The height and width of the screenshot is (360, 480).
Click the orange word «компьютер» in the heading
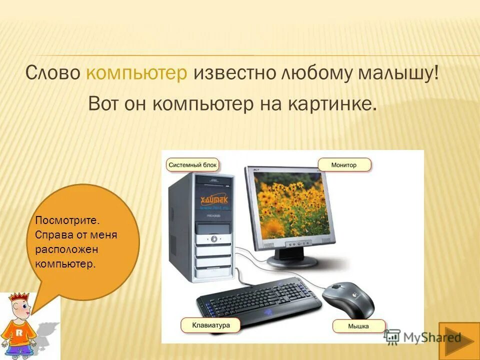coord(137,73)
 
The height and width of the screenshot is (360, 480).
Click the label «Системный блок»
coord(192,164)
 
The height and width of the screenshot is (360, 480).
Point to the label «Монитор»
coord(344,164)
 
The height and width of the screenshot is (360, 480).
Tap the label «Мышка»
coord(358,326)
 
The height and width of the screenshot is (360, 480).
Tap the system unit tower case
coord(200,225)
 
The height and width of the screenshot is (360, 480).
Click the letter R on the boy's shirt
coord(18,331)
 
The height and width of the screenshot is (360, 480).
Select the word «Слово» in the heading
coord(53,73)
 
